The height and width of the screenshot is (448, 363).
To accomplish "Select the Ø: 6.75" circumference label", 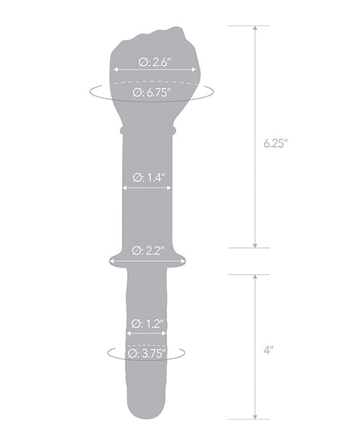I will (x=152, y=92).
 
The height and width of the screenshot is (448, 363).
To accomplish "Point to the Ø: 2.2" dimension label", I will (x=147, y=251).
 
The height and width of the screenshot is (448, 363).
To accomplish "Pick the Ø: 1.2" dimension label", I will (x=147, y=323).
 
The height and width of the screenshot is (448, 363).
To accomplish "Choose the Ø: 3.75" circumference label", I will (x=147, y=354).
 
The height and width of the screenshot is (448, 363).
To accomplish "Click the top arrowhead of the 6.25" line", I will (x=254, y=29).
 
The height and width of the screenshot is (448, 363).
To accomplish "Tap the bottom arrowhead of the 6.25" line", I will (x=254, y=244).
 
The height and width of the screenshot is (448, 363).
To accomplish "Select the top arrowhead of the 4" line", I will (x=254, y=278).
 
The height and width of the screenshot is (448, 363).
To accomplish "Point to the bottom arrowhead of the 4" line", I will (x=254, y=415).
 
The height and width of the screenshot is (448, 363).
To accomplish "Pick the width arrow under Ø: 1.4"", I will (x=147, y=188).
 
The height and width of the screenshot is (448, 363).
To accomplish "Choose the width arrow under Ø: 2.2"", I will (x=147, y=260).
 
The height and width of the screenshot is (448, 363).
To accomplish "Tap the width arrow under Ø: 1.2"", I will (x=147, y=333).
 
